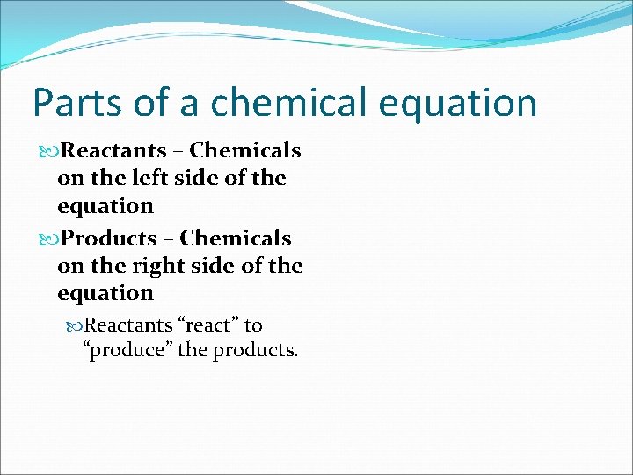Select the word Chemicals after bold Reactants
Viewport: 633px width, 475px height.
(x=245, y=150)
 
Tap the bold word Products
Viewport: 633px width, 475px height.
(x=109, y=238)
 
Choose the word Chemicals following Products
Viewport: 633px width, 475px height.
(x=236, y=238)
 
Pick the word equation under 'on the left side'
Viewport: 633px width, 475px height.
(x=105, y=206)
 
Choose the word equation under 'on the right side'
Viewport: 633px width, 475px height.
(x=105, y=293)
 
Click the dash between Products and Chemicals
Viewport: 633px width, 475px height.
(x=169, y=239)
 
